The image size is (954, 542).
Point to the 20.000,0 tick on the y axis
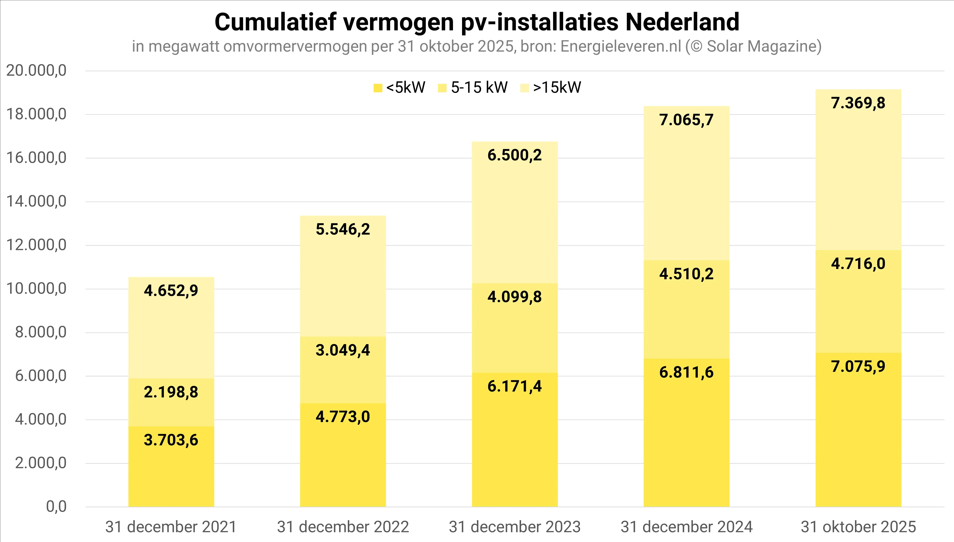pos(36,70)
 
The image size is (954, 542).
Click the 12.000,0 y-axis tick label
pos(36,245)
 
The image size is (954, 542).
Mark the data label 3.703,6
pos(171,440)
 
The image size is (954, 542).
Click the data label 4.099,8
pos(515,297)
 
